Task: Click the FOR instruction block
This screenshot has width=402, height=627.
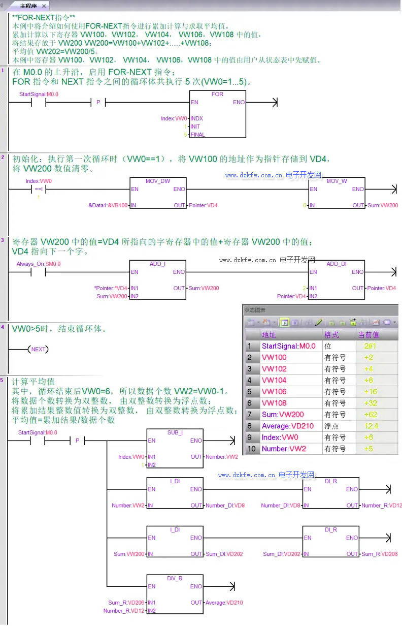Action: (x=217, y=114)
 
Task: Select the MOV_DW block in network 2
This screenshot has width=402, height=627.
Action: (x=158, y=193)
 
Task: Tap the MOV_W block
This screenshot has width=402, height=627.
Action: (x=336, y=193)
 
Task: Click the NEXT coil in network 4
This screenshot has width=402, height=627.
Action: (x=38, y=350)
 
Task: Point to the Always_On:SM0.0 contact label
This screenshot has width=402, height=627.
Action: (x=39, y=264)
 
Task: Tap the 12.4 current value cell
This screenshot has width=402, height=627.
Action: (x=372, y=426)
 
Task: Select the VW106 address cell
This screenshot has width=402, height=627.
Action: (x=274, y=392)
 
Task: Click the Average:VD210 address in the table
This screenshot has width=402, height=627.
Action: (x=287, y=426)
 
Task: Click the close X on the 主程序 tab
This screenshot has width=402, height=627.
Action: (x=44, y=6)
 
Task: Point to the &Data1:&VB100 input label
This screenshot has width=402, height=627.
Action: (x=108, y=205)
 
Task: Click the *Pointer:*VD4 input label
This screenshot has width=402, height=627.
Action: (x=111, y=288)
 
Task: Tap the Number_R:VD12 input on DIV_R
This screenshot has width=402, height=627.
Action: (x=124, y=611)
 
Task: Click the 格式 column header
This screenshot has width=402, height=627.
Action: (x=331, y=335)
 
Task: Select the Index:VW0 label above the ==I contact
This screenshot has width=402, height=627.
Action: (x=39, y=181)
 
